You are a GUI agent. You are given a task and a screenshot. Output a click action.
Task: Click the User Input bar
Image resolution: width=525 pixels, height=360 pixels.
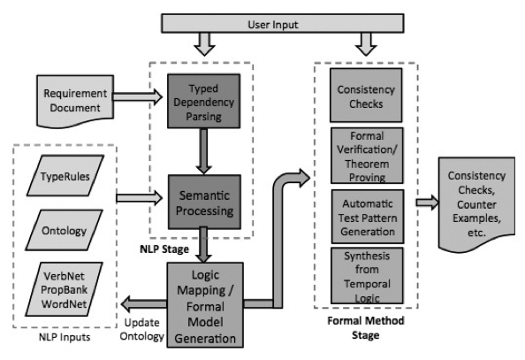283,24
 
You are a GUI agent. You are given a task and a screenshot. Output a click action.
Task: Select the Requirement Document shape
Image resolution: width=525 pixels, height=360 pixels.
75,101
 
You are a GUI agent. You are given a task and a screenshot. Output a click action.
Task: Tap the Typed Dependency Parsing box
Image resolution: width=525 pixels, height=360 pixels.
203,101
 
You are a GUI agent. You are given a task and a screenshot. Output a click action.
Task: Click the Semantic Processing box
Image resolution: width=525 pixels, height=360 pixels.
204,203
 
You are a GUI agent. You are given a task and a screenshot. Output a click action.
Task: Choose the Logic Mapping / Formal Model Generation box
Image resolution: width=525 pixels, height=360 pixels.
205,305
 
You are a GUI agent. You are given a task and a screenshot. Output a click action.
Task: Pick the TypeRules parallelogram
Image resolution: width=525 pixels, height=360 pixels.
65,175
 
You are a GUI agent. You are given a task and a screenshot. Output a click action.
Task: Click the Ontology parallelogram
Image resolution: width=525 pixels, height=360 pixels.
64,230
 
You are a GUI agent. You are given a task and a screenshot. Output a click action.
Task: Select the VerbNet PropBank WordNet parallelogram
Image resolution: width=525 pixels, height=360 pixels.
64,289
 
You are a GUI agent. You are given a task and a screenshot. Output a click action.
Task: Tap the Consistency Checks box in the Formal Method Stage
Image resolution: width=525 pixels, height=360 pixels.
366,96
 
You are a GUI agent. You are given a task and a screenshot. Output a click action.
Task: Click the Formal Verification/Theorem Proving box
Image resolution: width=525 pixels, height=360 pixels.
367,156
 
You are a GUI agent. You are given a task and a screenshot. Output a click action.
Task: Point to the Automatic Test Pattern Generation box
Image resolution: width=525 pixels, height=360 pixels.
368,217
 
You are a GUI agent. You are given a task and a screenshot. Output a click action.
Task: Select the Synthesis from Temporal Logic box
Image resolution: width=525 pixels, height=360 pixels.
367,276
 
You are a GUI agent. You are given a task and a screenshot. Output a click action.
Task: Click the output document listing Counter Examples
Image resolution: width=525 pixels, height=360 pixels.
476,203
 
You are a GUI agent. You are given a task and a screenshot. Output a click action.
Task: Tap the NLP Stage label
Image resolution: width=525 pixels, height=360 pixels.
164,249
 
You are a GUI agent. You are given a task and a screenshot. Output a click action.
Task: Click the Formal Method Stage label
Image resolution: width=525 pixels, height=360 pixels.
366,328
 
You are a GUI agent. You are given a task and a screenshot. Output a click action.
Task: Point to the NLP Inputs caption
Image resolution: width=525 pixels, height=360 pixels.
65,337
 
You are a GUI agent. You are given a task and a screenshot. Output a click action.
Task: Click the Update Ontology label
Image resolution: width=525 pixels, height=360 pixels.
142,330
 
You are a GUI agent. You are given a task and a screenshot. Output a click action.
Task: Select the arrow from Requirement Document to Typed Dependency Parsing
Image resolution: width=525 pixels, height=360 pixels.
138,97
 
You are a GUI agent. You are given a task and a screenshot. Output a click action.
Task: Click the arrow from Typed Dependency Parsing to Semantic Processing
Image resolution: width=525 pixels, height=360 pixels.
203,151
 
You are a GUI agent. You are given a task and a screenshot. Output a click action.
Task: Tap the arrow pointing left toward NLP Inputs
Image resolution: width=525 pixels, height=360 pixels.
144,304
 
